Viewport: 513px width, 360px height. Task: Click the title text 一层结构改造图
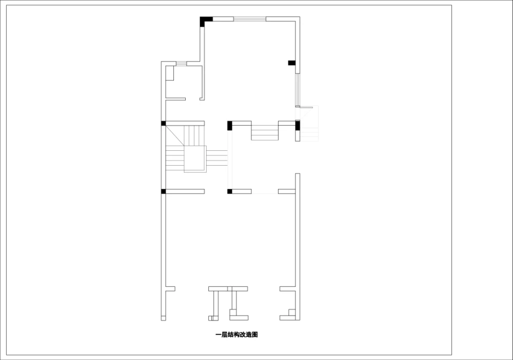pos(236,334)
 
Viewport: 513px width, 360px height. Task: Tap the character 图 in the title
pos(254,334)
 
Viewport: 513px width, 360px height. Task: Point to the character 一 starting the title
pos(218,334)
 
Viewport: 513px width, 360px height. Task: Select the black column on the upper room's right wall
pos(291,63)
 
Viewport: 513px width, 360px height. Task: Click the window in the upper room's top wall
pos(249,19)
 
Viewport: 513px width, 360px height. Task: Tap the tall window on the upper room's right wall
pos(297,90)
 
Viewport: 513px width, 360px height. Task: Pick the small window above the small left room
pos(181,64)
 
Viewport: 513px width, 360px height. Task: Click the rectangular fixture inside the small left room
pos(170,73)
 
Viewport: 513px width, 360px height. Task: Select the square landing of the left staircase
pos(195,158)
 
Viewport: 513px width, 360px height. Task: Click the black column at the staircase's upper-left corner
pos(164,123)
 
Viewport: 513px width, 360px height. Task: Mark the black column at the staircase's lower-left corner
pos(164,191)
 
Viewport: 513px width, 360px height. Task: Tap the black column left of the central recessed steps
pos(230,125)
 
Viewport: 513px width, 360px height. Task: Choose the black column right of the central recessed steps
pos(298,126)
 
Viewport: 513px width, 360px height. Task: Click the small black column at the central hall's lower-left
pos(230,191)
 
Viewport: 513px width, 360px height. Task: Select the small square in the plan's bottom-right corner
pos(292,312)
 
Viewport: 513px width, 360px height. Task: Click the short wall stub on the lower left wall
pos(170,289)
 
